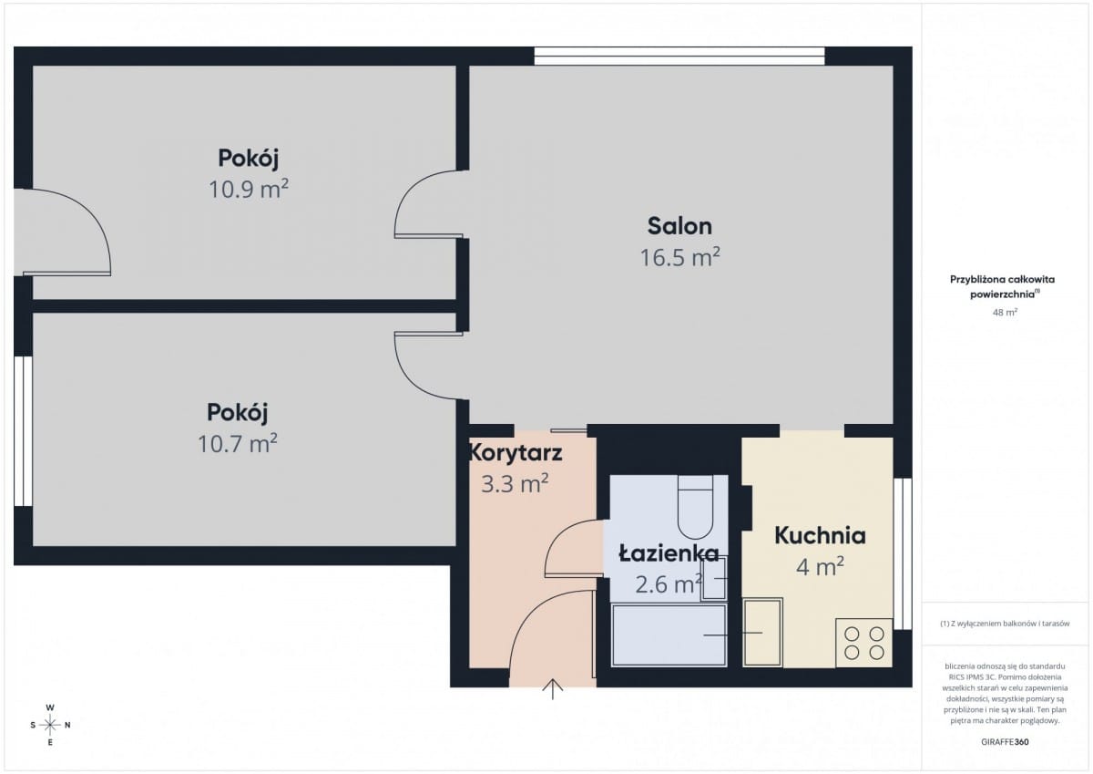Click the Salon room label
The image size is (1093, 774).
(679, 226)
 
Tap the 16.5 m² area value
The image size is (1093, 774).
(679, 257)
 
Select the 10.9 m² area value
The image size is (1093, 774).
(249, 189)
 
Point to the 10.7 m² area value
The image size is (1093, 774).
(237, 443)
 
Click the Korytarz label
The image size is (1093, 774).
(516, 452)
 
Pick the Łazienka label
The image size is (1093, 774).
(669, 553)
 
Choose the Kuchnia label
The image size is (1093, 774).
(820, 535)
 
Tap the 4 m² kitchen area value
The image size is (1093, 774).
(820, 567)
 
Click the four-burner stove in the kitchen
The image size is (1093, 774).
(864, 643)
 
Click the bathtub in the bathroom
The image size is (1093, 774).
(669, 635)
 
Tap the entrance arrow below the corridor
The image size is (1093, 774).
(552, 689)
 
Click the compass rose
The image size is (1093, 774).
(50, 725)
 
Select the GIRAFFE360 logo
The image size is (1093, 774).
(1005, 742)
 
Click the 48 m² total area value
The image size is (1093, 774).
(1005, 312)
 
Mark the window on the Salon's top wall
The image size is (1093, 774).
(679, 57)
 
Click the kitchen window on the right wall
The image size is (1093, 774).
(903, 553)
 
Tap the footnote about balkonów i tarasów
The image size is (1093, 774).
(1005, 624)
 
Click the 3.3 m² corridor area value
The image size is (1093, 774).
(515, 484)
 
